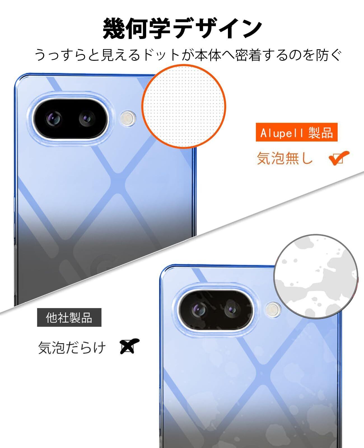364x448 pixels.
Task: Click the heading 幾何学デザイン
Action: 182,29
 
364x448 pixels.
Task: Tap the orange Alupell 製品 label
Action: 297,132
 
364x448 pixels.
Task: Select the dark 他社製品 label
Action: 69,318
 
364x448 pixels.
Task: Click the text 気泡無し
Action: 284,158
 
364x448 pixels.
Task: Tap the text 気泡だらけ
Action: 72,347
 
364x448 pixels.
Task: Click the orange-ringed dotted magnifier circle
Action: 184,107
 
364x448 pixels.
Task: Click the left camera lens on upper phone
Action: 54,118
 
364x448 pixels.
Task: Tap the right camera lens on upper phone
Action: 87,118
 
